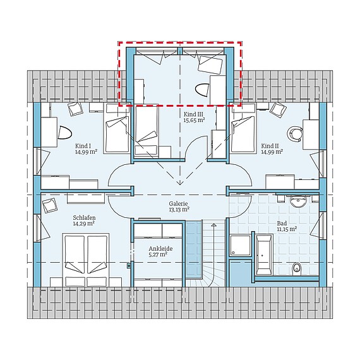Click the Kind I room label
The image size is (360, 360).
pyautogui.click(x=83, y=146)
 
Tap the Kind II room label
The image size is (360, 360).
pyautogui.click(x=270, y=146)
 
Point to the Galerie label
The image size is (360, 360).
pyautogui.click(x=178, y=203)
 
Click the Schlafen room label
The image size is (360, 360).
pyautogui.click(x=84, y=218)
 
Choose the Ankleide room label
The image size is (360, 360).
pyautogui.click(x=160, y=249)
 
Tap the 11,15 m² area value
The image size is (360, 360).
pyautogui.click(x=287, y=229)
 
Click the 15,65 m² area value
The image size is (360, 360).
pyautogui.click(x=195, y=120)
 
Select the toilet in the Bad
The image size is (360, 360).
pyautogui.click(x=297, y=268)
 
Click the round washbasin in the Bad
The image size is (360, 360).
pyautogui.click(x=298, y=201)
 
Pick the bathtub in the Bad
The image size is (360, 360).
pyautogui.click(x=264, y=255)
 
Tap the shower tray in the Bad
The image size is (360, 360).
pyautogui.click(x=240, y=245)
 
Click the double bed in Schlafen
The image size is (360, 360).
pyautogui.click(x=86, y=260)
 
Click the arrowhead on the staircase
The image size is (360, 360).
pyautogui.click(x=213, y=225)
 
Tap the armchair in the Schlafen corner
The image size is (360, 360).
pyautogui.click(x=50, y=205)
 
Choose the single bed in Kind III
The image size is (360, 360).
pyautogui.click(x=146, y=131)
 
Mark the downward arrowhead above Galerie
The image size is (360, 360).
pyautogui.click(x=180, y=183)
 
